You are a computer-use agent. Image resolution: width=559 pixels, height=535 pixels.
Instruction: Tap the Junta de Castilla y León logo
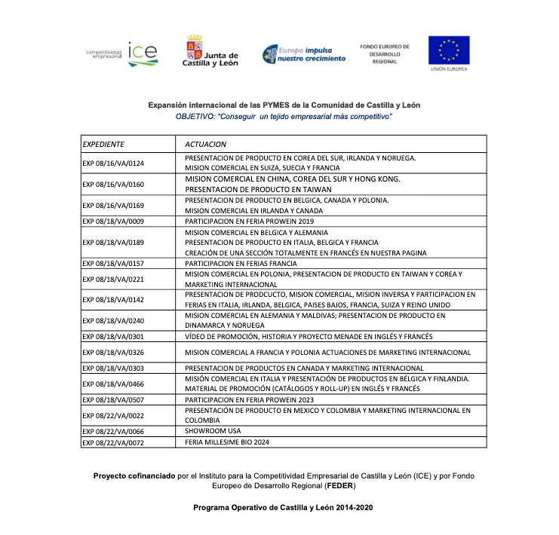(x=210, y=52)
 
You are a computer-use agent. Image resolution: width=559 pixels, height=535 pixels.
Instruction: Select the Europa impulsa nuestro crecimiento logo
(x=304, y=53)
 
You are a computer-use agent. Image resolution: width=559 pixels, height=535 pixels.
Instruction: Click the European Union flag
(x=449, y=50)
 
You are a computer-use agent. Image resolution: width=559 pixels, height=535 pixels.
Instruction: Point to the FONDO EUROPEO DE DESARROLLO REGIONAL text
(x=385, y=53)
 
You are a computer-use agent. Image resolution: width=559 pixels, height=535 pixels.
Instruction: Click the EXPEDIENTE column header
(x=103, y=143)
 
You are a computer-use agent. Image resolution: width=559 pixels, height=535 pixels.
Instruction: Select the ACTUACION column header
(x=205, y=143)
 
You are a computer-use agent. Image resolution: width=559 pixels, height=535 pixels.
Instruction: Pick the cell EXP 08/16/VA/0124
(x=113, y=163)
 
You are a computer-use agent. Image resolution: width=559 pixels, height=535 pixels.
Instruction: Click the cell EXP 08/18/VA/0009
(x=113, y=221)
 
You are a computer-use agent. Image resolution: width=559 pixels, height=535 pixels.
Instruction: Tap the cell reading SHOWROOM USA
(x=213, y=431)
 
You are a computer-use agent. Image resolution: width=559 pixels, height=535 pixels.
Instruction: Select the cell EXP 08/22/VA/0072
(x=113, y=442)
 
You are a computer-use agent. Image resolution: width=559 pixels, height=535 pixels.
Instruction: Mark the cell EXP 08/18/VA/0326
(x=113, y=352)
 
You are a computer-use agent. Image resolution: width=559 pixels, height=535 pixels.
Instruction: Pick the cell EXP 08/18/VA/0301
(x=113, y=336)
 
